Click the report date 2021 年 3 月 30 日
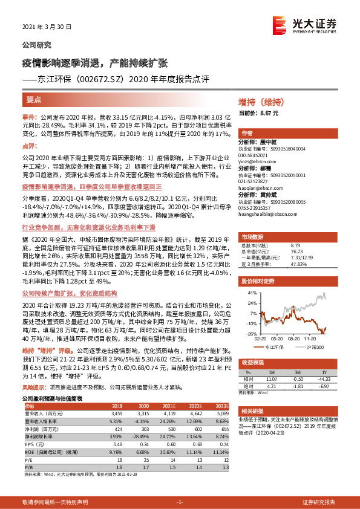[47, 27]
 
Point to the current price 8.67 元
[250, 112]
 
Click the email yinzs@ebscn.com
[258, 162]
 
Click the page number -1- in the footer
[180, 502]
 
